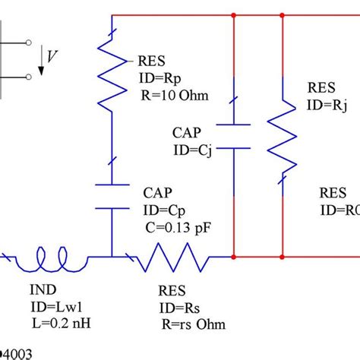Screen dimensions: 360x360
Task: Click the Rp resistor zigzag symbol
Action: point(112,76)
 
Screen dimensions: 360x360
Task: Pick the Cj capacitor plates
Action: point(231,134)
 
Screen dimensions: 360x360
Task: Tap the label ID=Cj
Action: point(195,150)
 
